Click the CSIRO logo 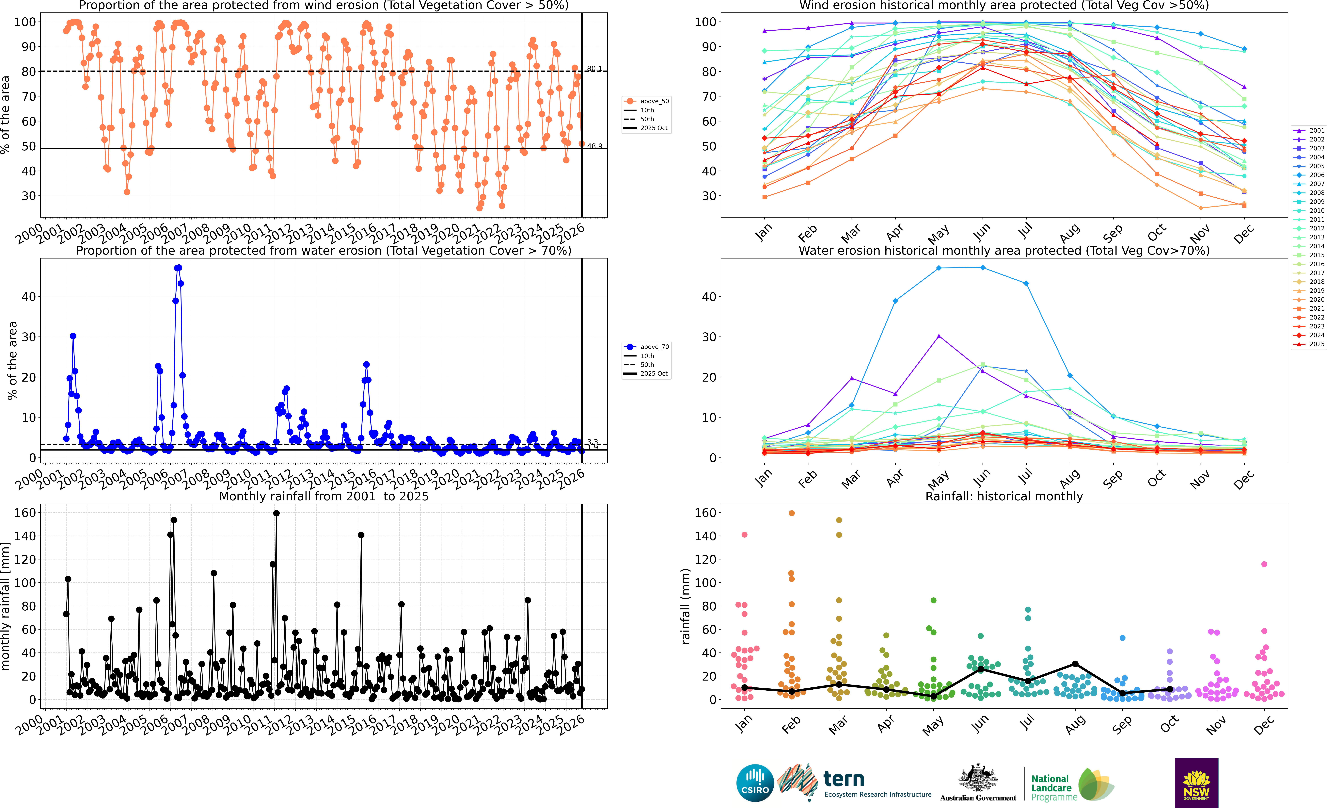point(754,783)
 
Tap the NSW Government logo point(1196,783)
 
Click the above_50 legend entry point(646,101)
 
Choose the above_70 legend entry point(646,347)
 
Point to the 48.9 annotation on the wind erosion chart point(594,146)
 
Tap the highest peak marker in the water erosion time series point(179,268)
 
